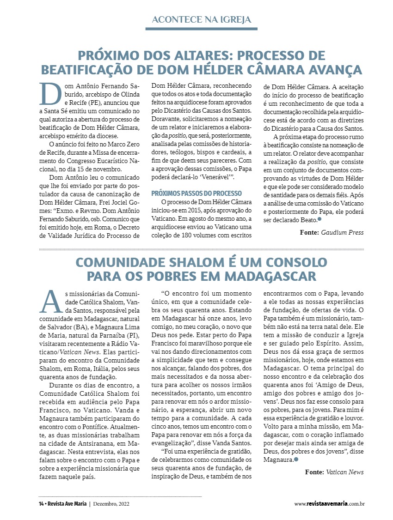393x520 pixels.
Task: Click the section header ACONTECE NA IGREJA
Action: coord(202,20)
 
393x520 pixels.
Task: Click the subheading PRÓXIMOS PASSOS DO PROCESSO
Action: coord(197,193)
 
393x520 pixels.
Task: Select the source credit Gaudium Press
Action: coord(342,233)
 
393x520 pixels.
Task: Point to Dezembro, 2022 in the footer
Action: coord(111,503)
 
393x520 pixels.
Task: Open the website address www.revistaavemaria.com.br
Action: coord(330,503)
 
